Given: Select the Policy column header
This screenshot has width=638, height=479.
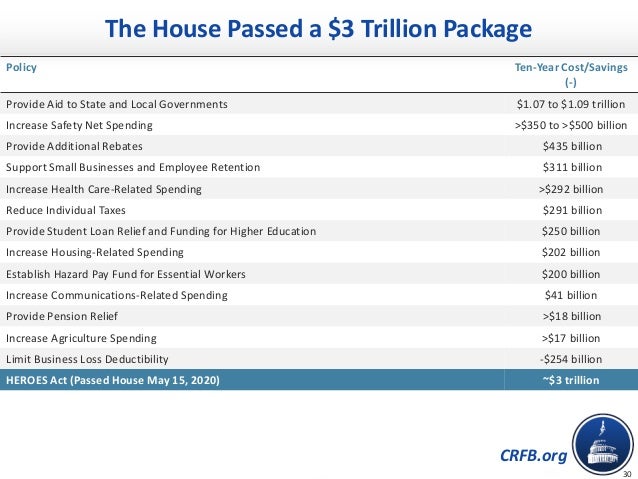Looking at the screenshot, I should point(22,67).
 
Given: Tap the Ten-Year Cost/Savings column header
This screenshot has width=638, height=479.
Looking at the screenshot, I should point(571,74).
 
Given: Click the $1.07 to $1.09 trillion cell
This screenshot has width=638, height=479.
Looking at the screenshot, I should point(571,104).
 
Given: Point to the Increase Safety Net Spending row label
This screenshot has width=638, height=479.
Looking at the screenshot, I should point(79,125).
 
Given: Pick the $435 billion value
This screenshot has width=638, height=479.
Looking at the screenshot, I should point(571,146).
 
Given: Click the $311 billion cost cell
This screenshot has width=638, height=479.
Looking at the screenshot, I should point(571,167).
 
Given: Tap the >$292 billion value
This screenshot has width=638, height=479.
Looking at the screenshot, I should point(571,189).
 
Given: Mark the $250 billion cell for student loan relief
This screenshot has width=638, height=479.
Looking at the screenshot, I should point(571,231).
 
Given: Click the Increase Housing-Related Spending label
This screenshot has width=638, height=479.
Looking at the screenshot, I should point(95,252).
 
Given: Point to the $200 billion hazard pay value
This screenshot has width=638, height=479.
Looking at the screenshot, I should point(571,274).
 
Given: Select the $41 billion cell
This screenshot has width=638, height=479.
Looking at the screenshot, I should point(571,295).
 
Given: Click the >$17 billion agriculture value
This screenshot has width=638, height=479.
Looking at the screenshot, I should point(571,338).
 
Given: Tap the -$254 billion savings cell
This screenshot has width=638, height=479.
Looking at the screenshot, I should point(571,359).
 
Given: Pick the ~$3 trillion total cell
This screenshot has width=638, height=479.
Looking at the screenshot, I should point(571,380).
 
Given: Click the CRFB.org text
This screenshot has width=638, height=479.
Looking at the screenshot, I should point(533,455).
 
